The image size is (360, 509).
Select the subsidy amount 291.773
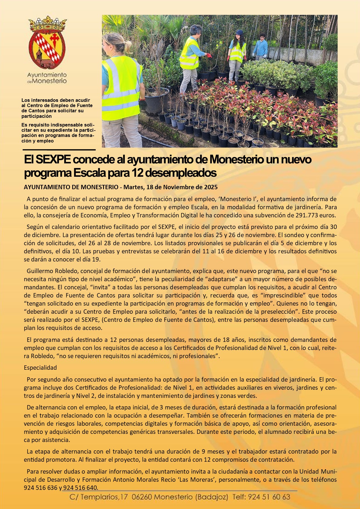click(306, 215)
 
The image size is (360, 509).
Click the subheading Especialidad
click(40, 368)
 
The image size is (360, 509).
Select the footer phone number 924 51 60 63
click(269, 497)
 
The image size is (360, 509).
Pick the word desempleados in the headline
click(181, 173)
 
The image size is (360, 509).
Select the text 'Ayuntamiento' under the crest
click(47, 75)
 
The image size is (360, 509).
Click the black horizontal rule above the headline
click(59, 150)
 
